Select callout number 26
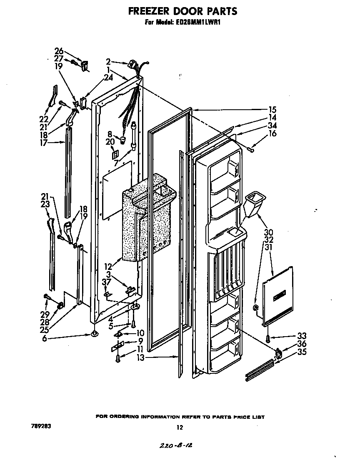tap(59, 51)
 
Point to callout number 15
tap(272, 110)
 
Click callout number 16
tap(272, 134)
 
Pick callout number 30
tap(269, 232)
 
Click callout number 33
tap(302, 336)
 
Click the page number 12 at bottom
tap(180, 427)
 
